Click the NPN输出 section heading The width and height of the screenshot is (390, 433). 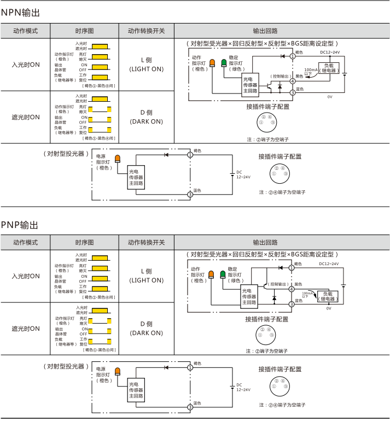(x=20, y=12)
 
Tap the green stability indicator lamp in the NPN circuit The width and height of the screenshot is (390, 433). (x=224, y=63)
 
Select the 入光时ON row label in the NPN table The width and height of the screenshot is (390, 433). (x=26, y=64)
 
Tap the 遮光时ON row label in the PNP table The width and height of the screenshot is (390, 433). (x=26, y=329)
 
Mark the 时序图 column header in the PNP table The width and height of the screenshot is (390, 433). (x=84, y=242)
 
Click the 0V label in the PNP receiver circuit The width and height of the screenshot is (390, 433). (x=329, y=308)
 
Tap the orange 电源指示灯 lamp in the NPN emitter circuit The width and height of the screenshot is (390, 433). (x=117, y=159)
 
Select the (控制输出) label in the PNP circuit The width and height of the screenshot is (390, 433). (x=278, y=284)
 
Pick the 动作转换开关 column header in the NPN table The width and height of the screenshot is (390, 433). (x=146, y=31)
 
